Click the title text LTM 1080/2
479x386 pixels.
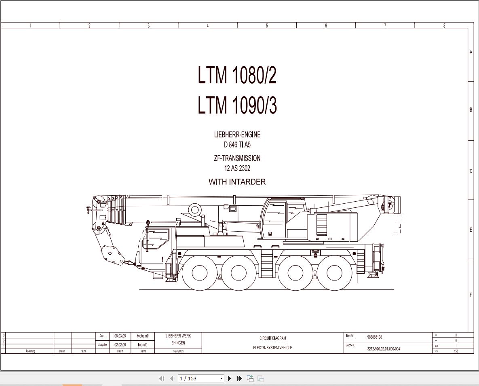point(237,75)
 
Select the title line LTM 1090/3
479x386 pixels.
point(237,105)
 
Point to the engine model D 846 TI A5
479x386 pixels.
point(237,145)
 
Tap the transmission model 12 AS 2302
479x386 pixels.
point(237,168)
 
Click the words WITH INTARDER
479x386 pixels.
point(237,182)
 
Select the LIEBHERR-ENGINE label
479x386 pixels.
point(237,135)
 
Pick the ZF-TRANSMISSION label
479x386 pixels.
point(237,158)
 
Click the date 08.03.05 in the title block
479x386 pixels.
point(120,336)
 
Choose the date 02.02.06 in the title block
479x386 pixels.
point(120,345)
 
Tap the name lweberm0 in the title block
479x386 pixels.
point(143,336)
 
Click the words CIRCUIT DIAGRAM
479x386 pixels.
point(272,338)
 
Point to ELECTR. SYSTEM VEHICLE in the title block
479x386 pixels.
point(272,348)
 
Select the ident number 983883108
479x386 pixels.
point(374,337)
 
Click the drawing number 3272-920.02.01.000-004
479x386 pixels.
point(384,349)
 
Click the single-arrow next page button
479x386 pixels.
point(230,378)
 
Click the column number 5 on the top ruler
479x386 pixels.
point(267,25)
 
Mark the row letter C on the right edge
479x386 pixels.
point(471,171)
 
